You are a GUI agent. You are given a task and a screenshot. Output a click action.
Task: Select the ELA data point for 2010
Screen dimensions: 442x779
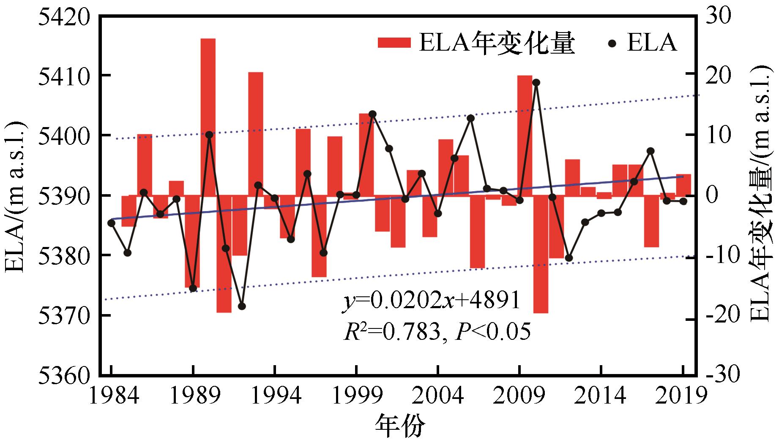(x=536, y=82)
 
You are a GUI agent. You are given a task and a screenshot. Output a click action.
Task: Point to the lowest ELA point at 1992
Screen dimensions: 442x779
(x=242, y=306)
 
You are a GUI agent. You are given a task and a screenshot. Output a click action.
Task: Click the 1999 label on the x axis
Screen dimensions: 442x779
(x=357, y=396)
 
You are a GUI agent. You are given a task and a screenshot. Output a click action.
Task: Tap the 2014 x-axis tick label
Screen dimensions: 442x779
(x=601, y=396)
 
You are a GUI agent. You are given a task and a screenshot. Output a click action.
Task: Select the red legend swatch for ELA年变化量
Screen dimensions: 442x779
(x=394, y=43)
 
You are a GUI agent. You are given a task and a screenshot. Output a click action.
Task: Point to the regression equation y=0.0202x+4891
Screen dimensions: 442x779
(x=431, y=302)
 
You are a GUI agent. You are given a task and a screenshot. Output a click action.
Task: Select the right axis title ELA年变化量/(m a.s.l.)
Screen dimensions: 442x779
(x=763, y=195)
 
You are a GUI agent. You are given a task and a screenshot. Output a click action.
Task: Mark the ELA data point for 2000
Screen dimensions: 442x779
(x=372, y=114)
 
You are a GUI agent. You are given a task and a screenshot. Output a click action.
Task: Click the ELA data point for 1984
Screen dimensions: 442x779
(x=112, y=223)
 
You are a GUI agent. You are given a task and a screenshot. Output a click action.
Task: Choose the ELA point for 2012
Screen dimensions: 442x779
(x=569, y=258)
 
